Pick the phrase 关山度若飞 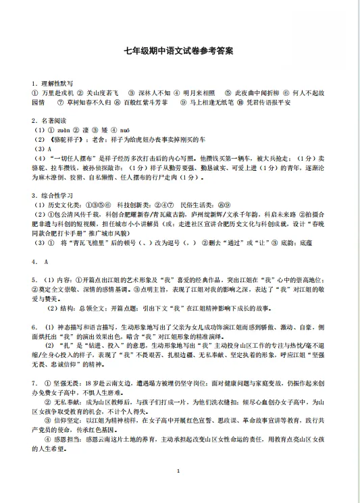point(103,92)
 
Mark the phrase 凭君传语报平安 point(269,102)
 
